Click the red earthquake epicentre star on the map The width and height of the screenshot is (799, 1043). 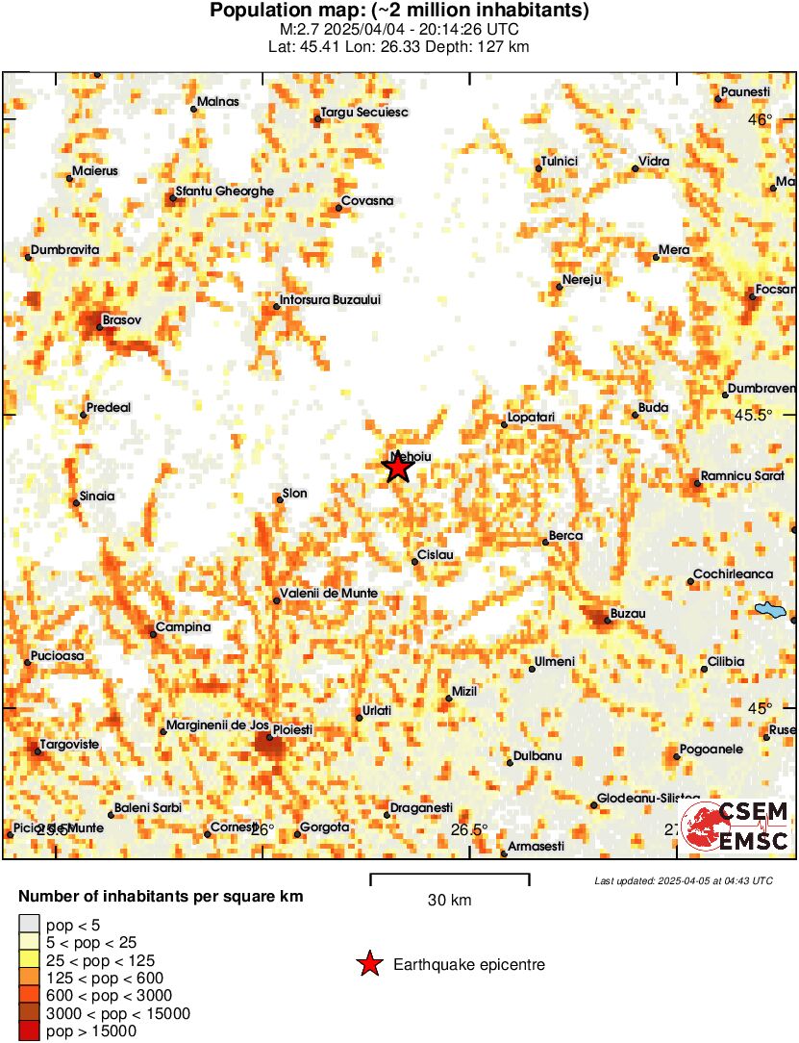(x=397, y=468)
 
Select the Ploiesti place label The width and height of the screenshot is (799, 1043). (x=293, y=730)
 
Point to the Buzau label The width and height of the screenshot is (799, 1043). (x=628, y=613)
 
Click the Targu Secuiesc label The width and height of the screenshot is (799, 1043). (x=366, y=113)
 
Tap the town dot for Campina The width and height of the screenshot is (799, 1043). (x=154, y=633)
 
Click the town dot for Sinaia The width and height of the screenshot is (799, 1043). (x=77, y=502)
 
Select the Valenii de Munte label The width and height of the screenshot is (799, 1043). (x=329, y=594)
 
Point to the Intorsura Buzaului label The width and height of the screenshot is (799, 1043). (x=331, y=299)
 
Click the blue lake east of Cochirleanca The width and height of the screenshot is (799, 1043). (x=769, y=610)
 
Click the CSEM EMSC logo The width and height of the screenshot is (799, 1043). (x=737, y=826)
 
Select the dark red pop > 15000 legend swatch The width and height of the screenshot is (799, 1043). (x=29, y=1031)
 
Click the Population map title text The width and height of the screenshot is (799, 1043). (x=399, y=12)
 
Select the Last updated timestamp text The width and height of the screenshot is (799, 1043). (x=683, y=880)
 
